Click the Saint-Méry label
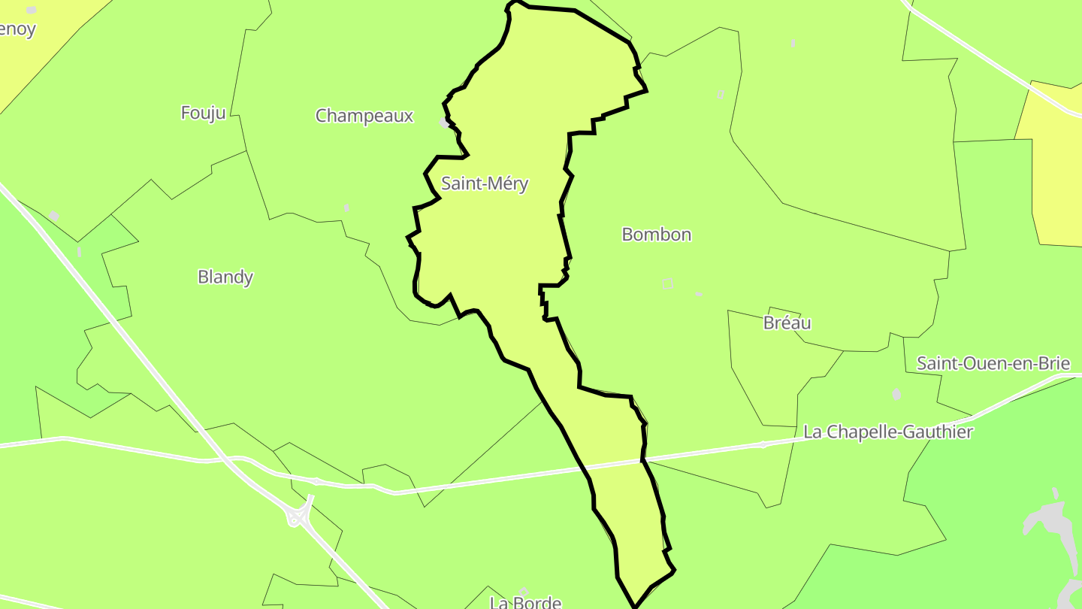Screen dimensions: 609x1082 pyautogui.click(x=485, y=183)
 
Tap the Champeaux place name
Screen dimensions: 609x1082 pyautogui.click(x=364, y=116)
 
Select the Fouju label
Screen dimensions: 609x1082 pyautogui.click(x=203, y=113)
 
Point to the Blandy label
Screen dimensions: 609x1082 pyautogui.click(x=225, y=277)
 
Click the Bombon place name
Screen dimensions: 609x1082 pyautogui.click(x=657, y=235)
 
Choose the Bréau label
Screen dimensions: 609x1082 pyautogui.click(x=787, y=323)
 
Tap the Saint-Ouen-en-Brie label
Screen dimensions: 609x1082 pyautogui.click(x=993, y=364)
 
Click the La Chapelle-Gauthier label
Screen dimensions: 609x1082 pyautogui.click(x=888, y=432)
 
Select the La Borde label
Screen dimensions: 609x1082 pyautogui.click(x=525, y=602)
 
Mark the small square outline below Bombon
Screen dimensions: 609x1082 pyautogui.click(x=667, y=283)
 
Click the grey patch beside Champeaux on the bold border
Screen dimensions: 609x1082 pyautogui.click(x=445, y=122)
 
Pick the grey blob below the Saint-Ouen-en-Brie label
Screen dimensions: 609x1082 pyautogui.click(x=896, y=394)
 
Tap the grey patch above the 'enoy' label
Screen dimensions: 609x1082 pyautogui.click(x=31, y=11)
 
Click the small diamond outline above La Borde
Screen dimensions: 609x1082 pyautogui.click(x=524, y=592)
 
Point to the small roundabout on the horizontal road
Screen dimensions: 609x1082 pyautogui.click(x=763, y=444)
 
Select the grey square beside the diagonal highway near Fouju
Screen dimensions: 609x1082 pyautogui.click(x=54, y=217)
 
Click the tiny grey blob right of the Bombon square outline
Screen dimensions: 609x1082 pyautogui.click(x=699, y=294)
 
